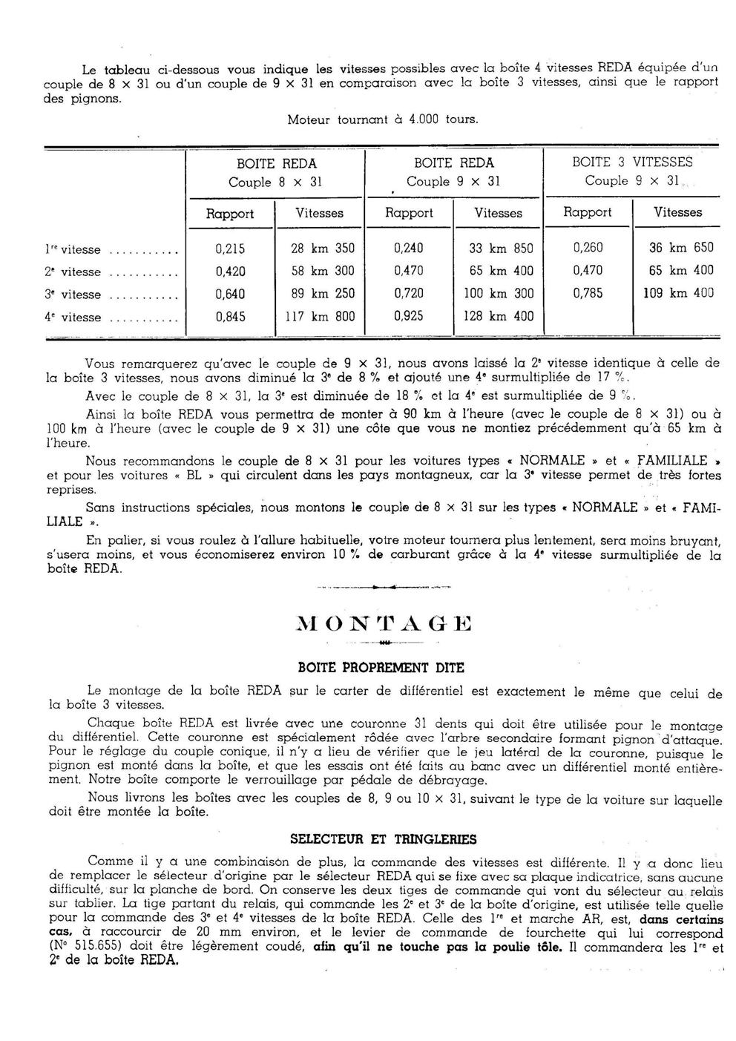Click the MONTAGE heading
pos(384,623)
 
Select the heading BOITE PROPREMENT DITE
pos(380,668)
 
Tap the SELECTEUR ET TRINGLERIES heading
pos(383,839)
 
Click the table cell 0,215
pos(230,249)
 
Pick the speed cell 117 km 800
pos(320,317)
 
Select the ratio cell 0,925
pos(408,316)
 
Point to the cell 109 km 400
pos(678,293)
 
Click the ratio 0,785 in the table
pos(588,293)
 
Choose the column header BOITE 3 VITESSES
pos(632,162)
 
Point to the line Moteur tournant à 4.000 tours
pos(383,119)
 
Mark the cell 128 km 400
pos(498,316)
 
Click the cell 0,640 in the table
pos(230,294)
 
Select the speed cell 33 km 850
pos(501,249)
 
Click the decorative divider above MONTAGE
pos(383,587)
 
